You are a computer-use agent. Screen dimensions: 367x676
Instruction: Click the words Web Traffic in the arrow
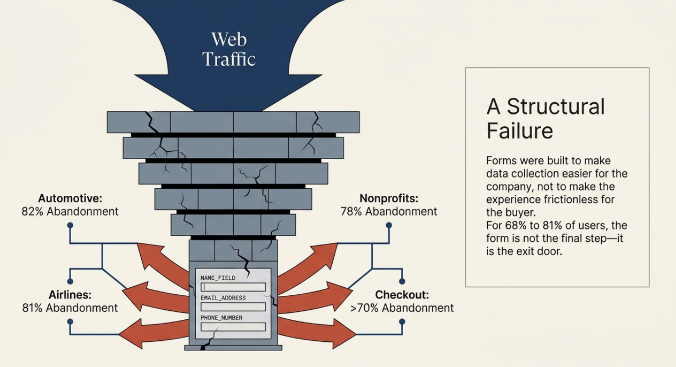(x=229, y=49)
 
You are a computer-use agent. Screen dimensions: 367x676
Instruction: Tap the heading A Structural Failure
(x=546, y=118)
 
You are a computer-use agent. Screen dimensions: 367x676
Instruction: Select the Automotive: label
(x=70, y=198)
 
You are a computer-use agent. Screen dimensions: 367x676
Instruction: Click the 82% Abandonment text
(x=70, y=211)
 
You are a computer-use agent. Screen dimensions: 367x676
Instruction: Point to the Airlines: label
(x=70, y=295)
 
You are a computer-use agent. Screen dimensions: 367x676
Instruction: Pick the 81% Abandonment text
(x=70, y=308)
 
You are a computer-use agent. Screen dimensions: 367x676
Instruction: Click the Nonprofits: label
(x=389, y=198)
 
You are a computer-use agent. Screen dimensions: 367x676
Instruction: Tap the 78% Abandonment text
(x=389, y=211)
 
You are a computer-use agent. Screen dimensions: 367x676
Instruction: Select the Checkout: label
(x=402, y=295)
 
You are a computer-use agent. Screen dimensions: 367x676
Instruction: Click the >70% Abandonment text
(x=402, y=308)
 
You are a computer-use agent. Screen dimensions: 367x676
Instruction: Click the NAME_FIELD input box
(x=233, y=287)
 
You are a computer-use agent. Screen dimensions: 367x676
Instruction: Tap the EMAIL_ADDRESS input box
(x=233, y=307)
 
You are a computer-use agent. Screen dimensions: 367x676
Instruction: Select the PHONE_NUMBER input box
(x=233, y=326)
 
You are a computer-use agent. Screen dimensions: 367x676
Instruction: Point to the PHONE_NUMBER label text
(x=221, y=318)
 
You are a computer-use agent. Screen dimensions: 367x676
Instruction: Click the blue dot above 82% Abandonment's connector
(x=70, y=225)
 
